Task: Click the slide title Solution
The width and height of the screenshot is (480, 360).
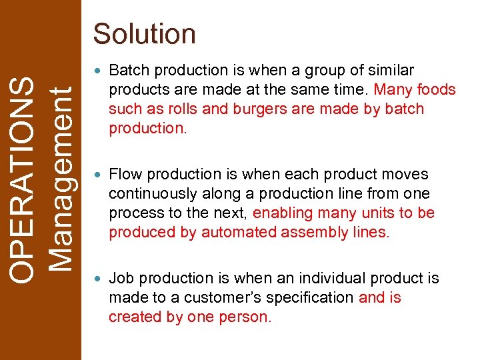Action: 145,33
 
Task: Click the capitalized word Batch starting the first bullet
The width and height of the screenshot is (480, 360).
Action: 127,71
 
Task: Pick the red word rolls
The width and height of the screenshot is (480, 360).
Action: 183,109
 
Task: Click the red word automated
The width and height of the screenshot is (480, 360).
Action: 234,233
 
